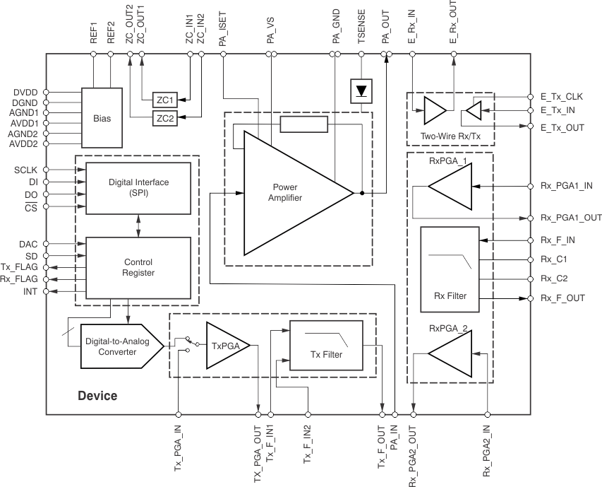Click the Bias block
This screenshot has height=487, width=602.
102,118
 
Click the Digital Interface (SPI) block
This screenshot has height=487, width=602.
138,187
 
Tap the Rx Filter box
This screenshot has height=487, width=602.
449,269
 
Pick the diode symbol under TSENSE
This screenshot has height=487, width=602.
362,90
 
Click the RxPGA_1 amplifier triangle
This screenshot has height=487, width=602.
452,187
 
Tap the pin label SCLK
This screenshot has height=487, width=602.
26,170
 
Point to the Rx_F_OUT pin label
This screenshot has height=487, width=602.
562,298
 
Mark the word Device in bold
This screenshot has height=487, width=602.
97,396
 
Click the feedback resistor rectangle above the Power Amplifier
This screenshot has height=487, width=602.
303,125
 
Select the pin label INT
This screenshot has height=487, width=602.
31,291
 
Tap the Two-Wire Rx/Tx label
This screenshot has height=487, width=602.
450,136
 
